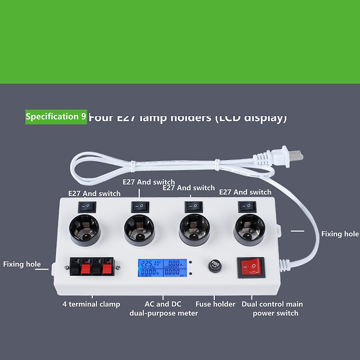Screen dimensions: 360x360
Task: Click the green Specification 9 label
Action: pos(56,117)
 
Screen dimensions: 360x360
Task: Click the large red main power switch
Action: pos(251,267)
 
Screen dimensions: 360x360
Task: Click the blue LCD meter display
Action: pos(163,268)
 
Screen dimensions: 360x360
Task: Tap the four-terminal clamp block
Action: pos(92,267)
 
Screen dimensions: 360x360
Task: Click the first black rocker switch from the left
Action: pos(87,207)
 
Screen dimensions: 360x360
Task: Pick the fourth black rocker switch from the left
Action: pos(247,207)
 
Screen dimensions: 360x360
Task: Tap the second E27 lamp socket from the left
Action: pos(139,230)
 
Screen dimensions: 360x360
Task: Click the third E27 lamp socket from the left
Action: pos(194,230)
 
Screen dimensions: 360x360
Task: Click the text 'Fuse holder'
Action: pos(215,304)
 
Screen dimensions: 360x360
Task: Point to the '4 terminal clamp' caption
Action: pos(91,304)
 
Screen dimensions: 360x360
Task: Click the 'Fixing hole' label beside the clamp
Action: pos(22,264)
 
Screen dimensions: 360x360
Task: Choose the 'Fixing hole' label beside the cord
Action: pos(340,234)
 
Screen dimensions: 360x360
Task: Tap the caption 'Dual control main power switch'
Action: pos(272,309)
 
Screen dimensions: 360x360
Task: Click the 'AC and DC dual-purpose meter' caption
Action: pos(163,309)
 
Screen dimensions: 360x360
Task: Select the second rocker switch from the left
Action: pos(140,207)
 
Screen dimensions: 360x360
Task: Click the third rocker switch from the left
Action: pos(194,207)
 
